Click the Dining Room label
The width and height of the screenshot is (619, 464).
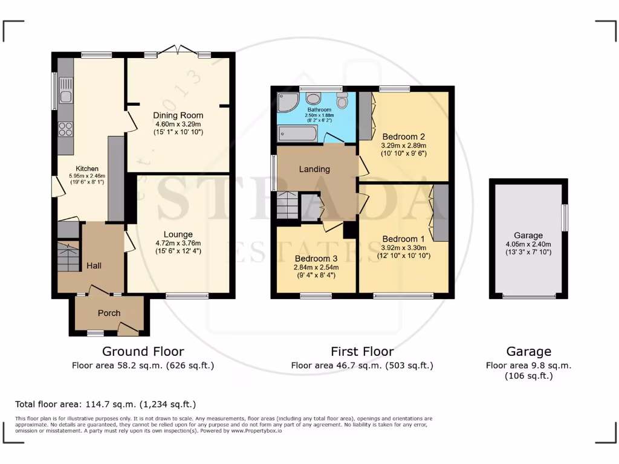click(178, 115)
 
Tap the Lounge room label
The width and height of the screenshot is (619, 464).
click(178, 234)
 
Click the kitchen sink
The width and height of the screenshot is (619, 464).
click(65, 97)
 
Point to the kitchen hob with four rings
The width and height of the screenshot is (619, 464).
click(65, 129)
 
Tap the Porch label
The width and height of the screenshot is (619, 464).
click(109, 313)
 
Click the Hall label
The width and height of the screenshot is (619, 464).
click(94, 265)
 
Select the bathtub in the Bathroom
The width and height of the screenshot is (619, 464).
click(297, 133)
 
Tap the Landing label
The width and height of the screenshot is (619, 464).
click(314, 169)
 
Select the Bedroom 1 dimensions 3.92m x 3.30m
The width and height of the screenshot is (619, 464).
click(403, 247)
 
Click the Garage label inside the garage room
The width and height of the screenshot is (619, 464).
click(528, 236)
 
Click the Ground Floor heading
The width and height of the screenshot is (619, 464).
click(143, 351)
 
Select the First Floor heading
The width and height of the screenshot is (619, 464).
click(362, 351)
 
